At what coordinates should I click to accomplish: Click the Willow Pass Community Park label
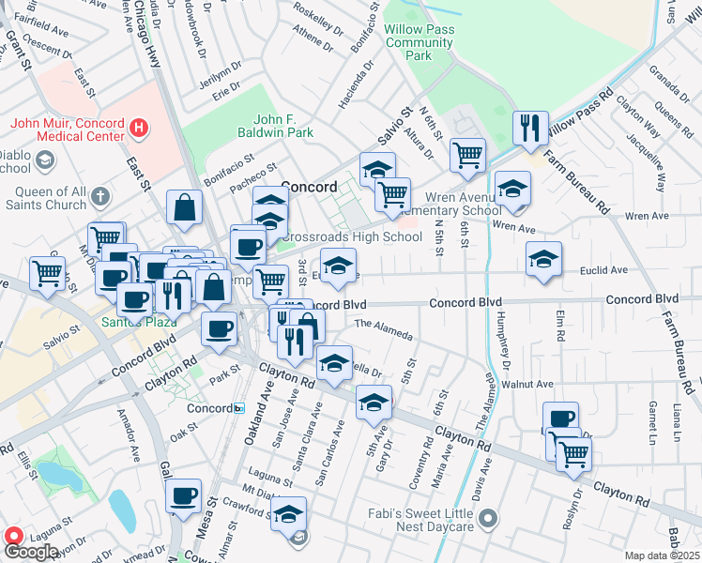click(x=419, y=42)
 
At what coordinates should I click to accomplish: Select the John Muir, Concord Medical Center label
click(x=68, y=129)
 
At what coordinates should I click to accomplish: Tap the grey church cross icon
click(x=100, y=198)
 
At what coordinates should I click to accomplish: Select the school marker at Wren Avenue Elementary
click(x=512, y=189)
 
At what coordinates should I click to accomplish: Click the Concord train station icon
click(x=239, y=408)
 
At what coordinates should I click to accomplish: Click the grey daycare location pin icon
click(x=486, y=518)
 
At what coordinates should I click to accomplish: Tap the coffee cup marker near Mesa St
click(x=184, y=495)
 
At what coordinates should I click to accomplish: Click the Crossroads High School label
click(x=352, y=236)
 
